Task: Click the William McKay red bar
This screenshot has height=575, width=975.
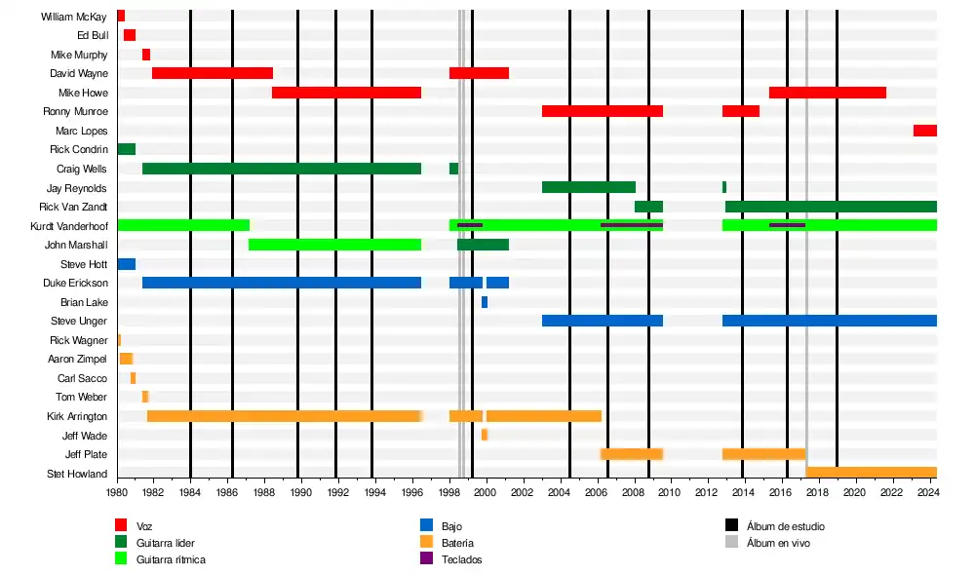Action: (121, 16)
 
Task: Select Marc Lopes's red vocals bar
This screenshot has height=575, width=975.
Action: (924, 131)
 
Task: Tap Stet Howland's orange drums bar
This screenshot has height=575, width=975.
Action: (871, 473)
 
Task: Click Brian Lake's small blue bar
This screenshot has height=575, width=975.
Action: (485, 302)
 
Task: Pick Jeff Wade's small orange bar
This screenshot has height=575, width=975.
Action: (485, 435)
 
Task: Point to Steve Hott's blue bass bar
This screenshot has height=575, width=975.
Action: (126, 264)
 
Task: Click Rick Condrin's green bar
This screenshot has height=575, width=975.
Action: (126, 149)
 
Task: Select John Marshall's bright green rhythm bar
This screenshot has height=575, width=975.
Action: (334, 245)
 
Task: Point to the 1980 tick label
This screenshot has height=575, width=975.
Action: (117, 493)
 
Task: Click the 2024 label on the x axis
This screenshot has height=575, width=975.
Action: (928, 493)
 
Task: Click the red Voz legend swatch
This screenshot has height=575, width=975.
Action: (122, 526)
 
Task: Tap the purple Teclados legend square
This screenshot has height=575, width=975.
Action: (426, 559)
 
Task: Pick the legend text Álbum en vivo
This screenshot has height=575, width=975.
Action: (777, 543)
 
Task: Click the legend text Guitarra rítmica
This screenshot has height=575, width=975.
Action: (171, 559)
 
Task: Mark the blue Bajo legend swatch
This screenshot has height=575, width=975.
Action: (426, 526)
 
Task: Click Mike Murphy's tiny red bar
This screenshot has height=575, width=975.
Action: (146, 55)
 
